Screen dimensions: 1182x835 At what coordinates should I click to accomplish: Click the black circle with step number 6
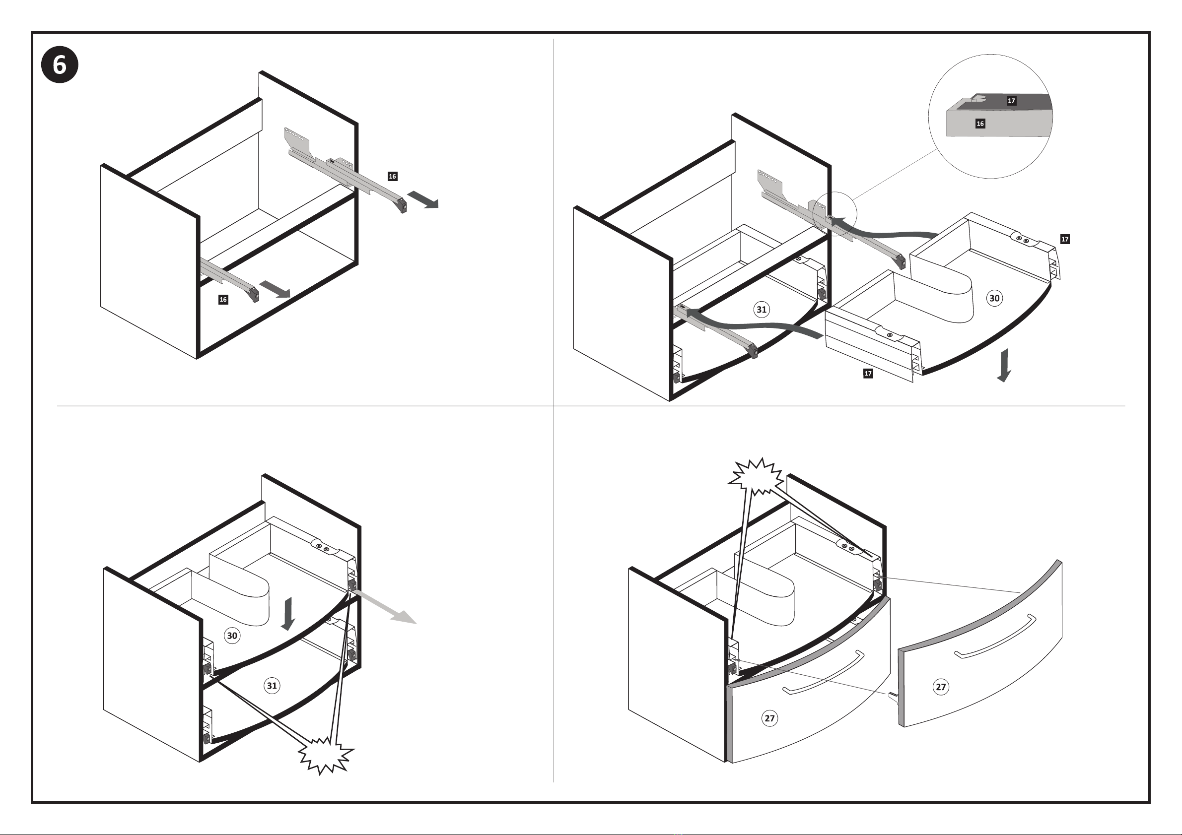click(60, 65)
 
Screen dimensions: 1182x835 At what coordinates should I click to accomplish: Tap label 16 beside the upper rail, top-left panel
click(392, 177)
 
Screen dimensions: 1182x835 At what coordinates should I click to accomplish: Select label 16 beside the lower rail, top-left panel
click(223, 300)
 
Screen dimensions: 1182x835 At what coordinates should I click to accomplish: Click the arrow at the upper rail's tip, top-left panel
click(423, 199)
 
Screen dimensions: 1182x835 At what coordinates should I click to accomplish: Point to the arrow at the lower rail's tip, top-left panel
click(275, 290)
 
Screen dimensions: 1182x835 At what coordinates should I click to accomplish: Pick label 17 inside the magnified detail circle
click(1011, 101)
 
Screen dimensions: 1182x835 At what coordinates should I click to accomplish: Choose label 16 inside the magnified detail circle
click(980, 124)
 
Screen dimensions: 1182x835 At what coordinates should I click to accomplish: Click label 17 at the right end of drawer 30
click(1065, 239)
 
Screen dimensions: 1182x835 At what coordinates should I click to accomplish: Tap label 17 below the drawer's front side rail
click(868, 374)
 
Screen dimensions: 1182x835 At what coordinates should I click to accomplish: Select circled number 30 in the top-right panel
click(994, 298)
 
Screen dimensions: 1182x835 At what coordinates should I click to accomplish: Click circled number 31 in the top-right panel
click(762, 310)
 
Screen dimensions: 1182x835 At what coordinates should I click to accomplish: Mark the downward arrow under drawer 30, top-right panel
click(1004, 366)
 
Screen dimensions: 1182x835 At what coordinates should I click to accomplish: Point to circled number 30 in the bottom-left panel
click(232, 636)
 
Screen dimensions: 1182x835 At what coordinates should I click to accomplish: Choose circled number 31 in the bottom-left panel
click(272, 685)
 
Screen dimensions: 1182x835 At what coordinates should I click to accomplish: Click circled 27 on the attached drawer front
click(769, 718)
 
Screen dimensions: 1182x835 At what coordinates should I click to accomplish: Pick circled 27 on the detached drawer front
click(941, 687)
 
